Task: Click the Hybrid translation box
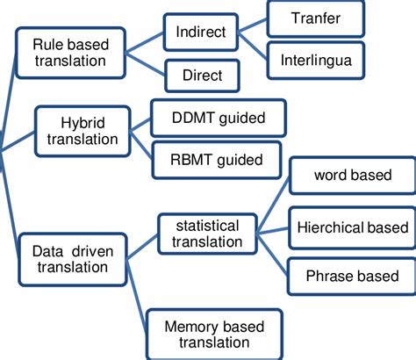pyautogui.click(x=88, y=129)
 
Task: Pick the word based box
pyautogui.click(x=352, y=176)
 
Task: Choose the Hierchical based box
pyautogui.click(x=352, y=227)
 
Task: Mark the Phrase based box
pyautogui.click(x=352, y=276)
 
